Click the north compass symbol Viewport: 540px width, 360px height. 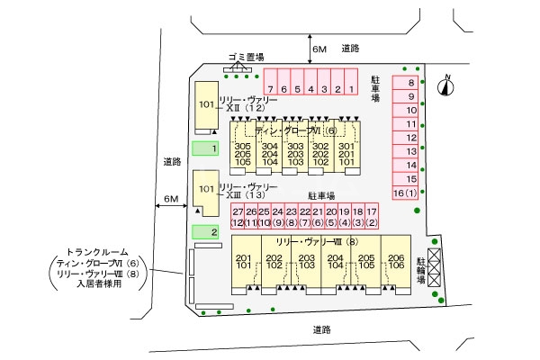pyautogui.click(x=444, y=86)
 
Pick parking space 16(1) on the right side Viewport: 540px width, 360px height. pyautogui.click(x=405, y=193)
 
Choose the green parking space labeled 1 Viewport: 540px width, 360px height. pyautogui.click(x=206, y=148)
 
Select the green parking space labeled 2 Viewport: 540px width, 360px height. pyautogui.click(x=206, y=232)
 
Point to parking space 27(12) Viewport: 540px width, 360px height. pyautogui.click(x=238, y=216)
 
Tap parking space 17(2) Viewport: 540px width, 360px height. pyautogui.click(x=371, y=216)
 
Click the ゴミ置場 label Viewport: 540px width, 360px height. pyautogui.click(x=246, y=57)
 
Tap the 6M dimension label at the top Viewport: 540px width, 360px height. pyautogui.click(x=319, y=49)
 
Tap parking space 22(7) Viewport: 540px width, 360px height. pyautogui.click(x=304, y=216)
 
